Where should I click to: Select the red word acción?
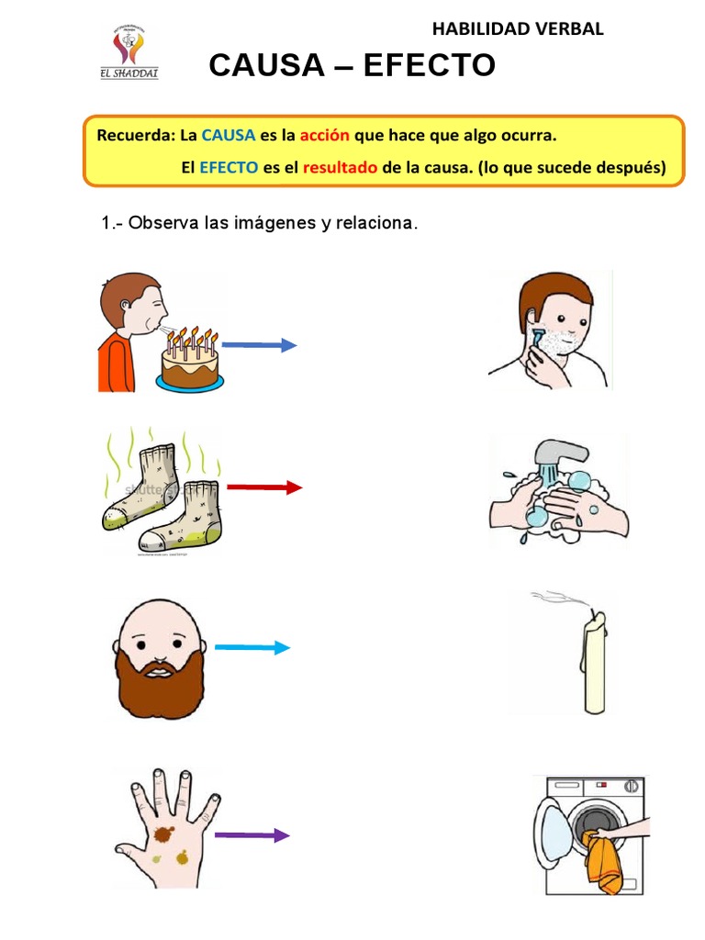(x=324, y=136)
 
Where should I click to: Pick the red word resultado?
(x=341, y=168)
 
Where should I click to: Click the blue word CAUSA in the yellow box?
(x=229, y=136)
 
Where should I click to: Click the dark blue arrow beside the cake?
(x=260, y=345)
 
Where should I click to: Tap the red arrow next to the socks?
(x=264, y=487)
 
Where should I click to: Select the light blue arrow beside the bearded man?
(x=252, y=647)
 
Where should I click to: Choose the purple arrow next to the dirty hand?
(x=252, y=835)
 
